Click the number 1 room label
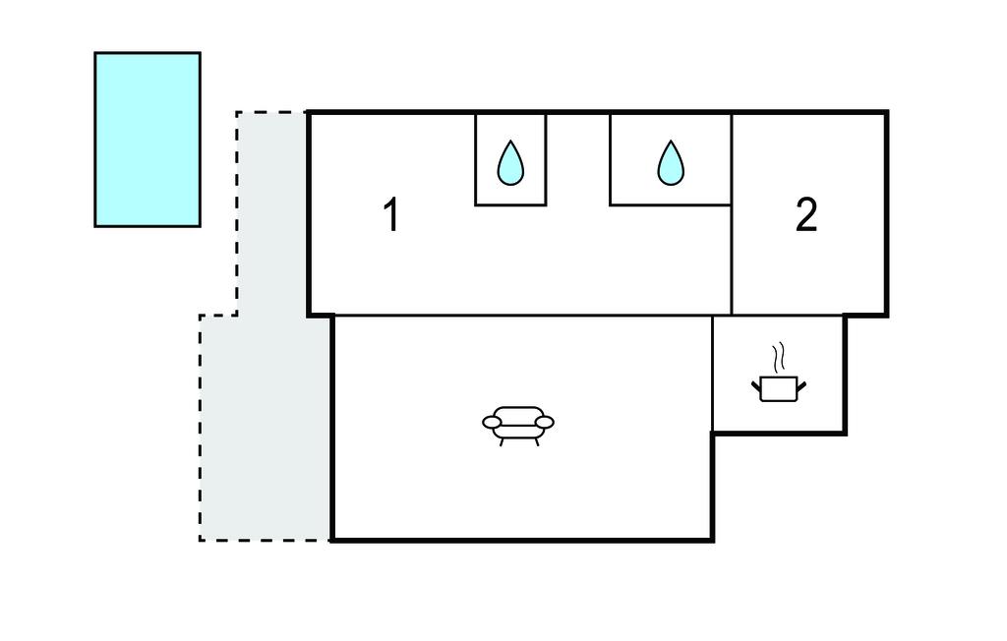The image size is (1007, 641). tap(391, 216)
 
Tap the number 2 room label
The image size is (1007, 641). tap(806, 215)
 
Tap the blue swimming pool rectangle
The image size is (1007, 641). tap(148, 140)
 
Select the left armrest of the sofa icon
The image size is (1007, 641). tap(493, 423)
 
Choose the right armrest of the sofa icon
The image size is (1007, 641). tap(544, 423)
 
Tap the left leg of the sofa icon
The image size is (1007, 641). tap(503, 441)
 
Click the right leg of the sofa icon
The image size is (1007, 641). tap(536, 441)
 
